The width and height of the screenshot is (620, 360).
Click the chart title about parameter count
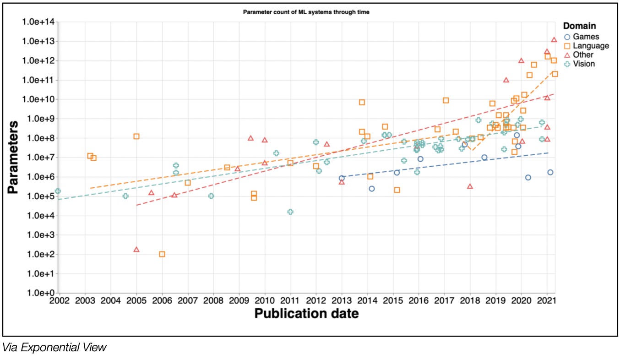(x=306, y=12)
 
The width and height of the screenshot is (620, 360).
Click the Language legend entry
(x=587, y=46)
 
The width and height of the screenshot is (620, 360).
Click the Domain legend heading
(x=579, y=26)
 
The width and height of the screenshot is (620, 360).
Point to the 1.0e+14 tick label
(x=39, y=22)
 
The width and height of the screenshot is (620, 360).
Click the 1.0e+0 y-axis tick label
(x=42, y=293)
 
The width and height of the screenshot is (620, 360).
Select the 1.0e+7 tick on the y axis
(x=42, y=157)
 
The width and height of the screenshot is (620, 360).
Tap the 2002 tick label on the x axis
(x=59, y=301)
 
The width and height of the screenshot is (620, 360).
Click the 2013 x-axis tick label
(x=342, y=301)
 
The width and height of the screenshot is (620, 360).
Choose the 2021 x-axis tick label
(x=547, y=301)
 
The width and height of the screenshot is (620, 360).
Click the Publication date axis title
(x=306, y=314)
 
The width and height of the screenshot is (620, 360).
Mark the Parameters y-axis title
(x=13, y=157)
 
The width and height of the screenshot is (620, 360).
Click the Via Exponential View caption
(x=54, y=347)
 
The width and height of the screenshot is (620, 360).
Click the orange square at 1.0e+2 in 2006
(x=162, y=254)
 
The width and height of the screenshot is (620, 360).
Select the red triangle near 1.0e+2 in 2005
(x=136, y=250)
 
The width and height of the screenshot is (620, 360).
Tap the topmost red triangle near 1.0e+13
(x=554, y=40)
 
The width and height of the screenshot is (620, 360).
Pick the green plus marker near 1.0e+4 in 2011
(x=290, y=212)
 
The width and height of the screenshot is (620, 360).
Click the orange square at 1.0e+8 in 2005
(x=136, y=136)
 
